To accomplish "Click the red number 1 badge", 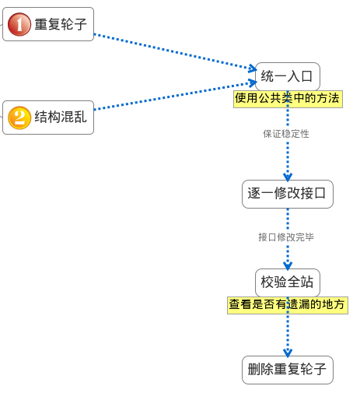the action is (19, 24).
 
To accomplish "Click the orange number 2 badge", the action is (19, 118).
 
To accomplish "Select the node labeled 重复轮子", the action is (48, 24).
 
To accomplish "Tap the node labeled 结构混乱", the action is (48, 118).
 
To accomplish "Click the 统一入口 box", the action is (288, 76).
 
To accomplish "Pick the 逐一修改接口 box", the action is (288, 194).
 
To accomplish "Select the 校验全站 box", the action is (288, 282).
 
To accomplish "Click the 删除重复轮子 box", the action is (288, 370).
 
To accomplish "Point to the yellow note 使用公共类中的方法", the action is (288, 99).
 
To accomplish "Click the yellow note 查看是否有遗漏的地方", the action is (288, 305).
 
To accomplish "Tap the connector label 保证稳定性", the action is (286, 134).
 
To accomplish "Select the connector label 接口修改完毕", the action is (286, 237).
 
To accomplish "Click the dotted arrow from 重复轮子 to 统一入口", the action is (175, 52).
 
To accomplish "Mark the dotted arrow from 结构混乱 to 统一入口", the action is (175, 96).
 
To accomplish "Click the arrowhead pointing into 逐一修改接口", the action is (288, 177).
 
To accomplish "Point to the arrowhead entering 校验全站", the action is (288, 265).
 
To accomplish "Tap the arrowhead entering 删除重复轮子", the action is (288, 353).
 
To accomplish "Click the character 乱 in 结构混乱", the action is (80, 117).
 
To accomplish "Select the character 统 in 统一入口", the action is (267, 76).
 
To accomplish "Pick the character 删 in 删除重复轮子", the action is (254, 370).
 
